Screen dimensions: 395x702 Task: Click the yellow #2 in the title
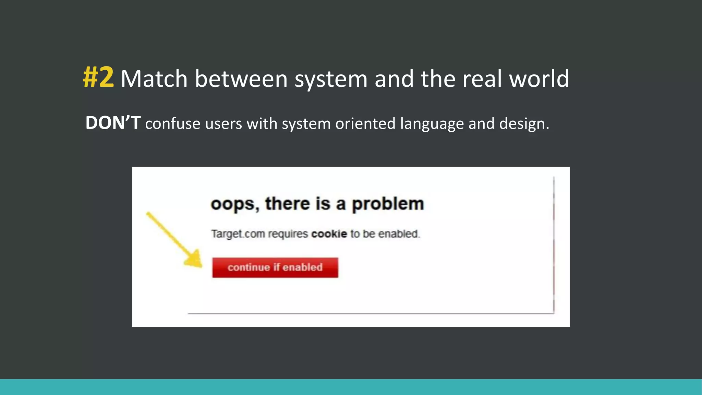coord(98,77)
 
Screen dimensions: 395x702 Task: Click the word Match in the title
coord(154,79)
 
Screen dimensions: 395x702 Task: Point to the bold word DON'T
coord(113,123)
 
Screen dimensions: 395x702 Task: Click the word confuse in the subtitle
coord(172,123)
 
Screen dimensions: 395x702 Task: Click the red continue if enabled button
coord(275,267)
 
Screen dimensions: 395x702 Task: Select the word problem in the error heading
coord(388,204)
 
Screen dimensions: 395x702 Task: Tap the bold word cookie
coord(329,234)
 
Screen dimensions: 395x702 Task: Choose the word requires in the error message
coord(288,234)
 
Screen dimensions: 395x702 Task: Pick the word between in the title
coord(241,79)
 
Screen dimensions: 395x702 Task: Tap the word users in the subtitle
coord(223,123)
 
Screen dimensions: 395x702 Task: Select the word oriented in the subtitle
coord(365,123)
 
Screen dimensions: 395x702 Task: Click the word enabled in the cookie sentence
coord(398,234)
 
